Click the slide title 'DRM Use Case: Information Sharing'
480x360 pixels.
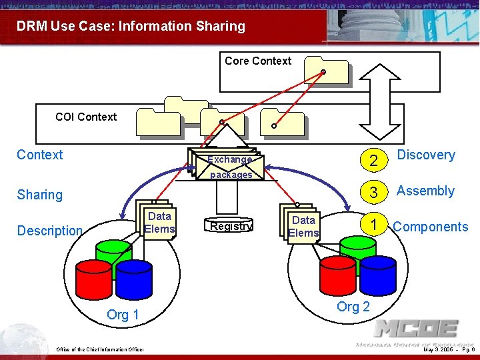[x=131, y=27]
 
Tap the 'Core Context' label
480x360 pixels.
[x=258, y=61]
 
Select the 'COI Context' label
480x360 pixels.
[x=86, y=117]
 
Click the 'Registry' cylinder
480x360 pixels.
[x=230, y=226]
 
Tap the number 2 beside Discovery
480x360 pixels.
[x=374, y=160]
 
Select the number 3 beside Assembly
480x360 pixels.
[x=374, y=193]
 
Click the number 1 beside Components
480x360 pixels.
[x=375, y=225]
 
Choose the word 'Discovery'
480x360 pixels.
[x=426, y=155]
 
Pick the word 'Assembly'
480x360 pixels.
[x=425, y=191]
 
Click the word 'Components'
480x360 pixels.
[x=431, y=227]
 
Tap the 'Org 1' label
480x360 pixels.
[x=123, y=315]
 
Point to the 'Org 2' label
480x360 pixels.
[x=353, y=307]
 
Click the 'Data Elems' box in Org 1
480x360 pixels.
[x=159, y=223]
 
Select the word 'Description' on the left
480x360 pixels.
[x=49, y=231]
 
